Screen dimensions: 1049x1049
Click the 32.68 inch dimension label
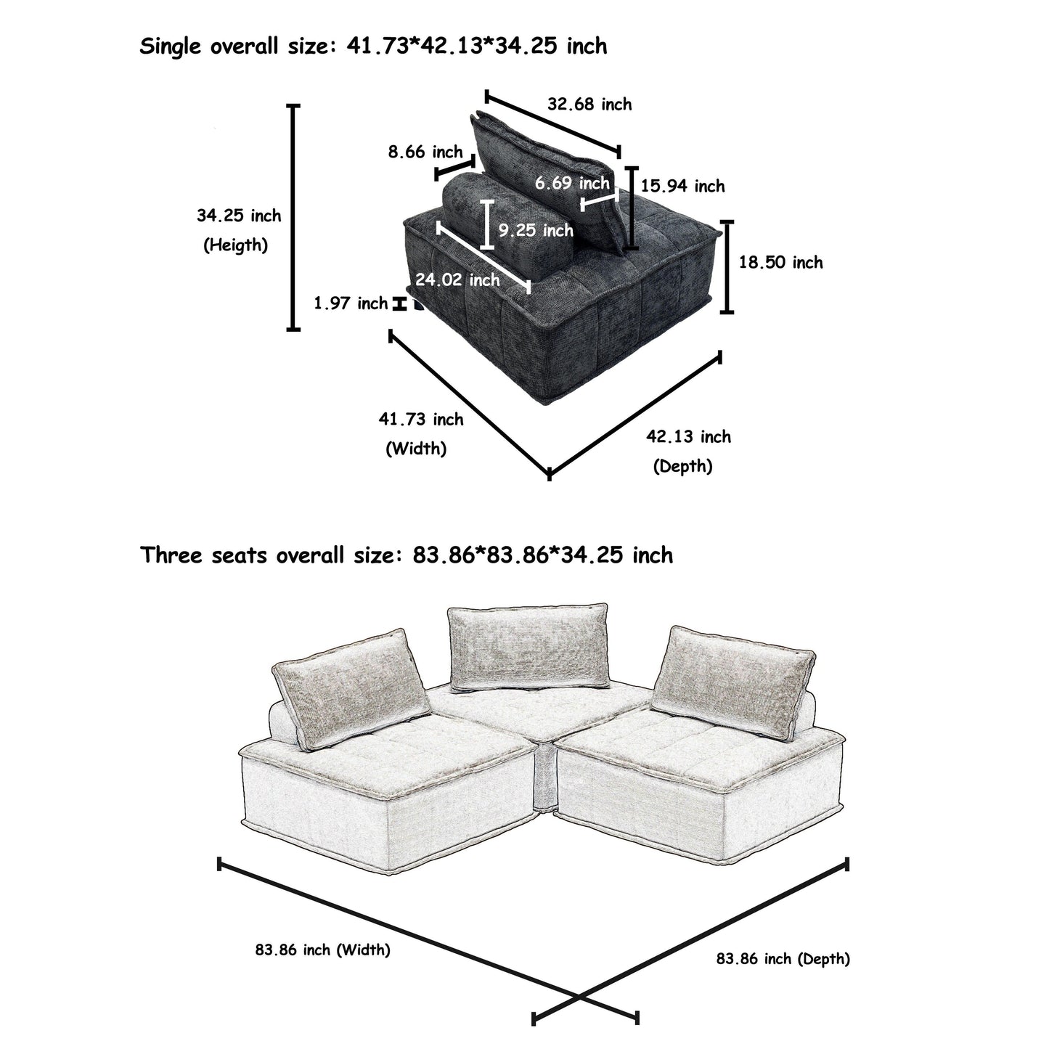click(589, 105)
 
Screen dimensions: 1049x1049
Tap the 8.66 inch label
click(425, 152)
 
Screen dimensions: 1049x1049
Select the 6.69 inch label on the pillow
click(572, 183)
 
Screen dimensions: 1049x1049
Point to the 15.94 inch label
click(682, 187)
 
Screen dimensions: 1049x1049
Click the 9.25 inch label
click(536, 231)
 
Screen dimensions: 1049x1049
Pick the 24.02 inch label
click(457, 279)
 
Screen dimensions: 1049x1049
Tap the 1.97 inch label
click(351, 303)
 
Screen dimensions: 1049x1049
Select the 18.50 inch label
click(781, 263)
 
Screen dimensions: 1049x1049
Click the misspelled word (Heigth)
click(235, 245)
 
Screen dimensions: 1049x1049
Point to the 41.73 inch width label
click(421, 420)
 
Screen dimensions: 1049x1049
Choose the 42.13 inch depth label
click(688, 437)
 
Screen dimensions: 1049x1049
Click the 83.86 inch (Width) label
click(323, 949)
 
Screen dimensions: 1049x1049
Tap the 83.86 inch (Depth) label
click(783, 959)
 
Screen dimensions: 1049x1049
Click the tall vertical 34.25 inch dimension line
click(293, 218)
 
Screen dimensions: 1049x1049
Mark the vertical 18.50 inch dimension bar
click(727, 267)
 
